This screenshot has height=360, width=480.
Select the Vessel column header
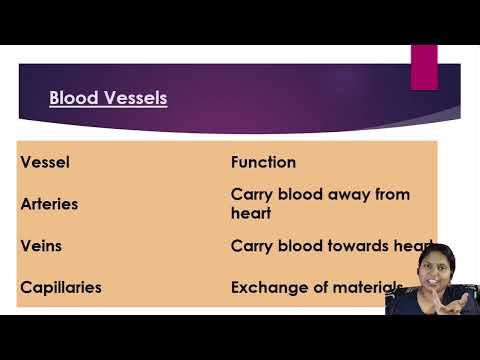(x=45, y=161)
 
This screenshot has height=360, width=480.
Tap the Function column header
(x=263, y=161)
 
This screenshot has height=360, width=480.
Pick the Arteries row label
(x=49, y=203)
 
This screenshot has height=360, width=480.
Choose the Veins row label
(x=41, y=245)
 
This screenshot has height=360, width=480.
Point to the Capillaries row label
(x=61, y=288)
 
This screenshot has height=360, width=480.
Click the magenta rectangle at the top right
(x=424, y=66)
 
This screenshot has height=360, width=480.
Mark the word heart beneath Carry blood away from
(x=250, y=213)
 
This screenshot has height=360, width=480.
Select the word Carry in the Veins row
(x=250, y=245)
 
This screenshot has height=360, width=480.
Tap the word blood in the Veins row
(x=297, y=245)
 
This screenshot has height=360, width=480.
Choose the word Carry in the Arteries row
(x=250, y=194)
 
